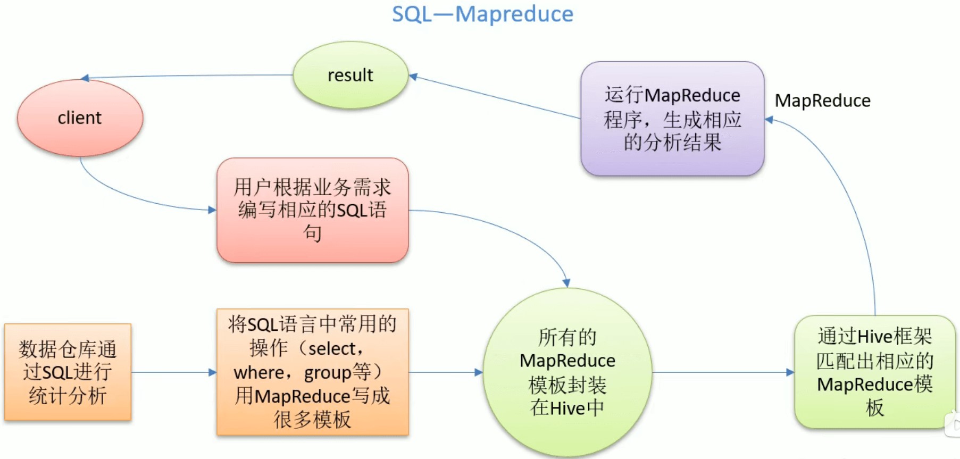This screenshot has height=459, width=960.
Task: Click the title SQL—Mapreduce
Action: click(482, 14)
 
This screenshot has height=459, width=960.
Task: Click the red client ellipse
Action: click(80, 118)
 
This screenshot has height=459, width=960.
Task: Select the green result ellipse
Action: click(350, 75)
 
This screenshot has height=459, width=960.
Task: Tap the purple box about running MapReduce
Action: click(672, 119)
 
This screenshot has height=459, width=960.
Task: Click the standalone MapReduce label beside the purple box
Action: click(822, 101)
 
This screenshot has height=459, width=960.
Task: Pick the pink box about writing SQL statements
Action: click(312, 210)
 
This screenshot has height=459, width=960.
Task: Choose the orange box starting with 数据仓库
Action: click(68, 372)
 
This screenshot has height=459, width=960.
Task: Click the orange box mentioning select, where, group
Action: click(312, 372)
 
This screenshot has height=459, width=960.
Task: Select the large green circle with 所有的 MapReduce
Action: click(567, 372)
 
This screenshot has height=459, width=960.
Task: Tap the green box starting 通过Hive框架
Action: click(874, 372)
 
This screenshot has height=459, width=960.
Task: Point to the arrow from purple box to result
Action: click(495, 97)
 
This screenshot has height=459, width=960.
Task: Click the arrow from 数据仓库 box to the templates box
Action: click(173, 372)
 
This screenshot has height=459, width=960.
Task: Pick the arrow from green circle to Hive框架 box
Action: click(723, 372)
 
